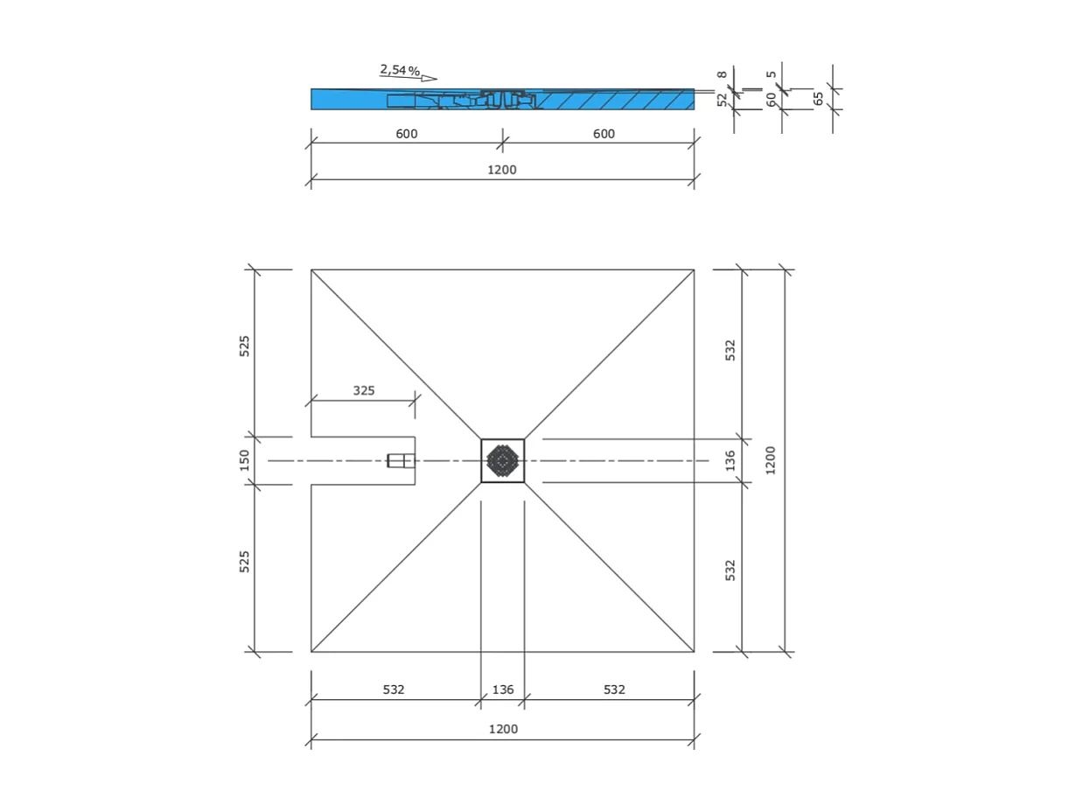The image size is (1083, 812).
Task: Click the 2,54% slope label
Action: click(x=400, y=70)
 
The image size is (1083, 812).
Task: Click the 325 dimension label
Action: click(x=364, y=391)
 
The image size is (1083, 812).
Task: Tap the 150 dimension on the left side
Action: click(x=245, y=460)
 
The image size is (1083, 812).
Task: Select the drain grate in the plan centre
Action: click(x=503, y=461)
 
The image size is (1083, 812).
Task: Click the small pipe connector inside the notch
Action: click(x=401, y=461)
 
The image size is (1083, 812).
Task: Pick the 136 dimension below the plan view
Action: click(x=503, y=690)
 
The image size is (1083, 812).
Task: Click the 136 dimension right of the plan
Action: click(x=731, y=460)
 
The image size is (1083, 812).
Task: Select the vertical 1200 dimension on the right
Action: click(x=771, y=460)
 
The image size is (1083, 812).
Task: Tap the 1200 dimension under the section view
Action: click(x=502, y=171)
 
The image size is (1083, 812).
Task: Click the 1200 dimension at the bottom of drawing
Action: click(x=503, y=730)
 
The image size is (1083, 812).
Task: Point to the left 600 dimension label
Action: click(x=407, y=135)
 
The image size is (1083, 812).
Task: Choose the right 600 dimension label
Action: click(x=604, y=135)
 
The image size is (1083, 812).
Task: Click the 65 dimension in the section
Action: click(x=819, y=99)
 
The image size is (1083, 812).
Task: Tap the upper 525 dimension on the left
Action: click(x=245, y=346)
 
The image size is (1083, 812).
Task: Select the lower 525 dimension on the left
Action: click(x=245, y=562)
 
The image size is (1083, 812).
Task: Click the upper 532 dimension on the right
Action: click(x=731, y=350)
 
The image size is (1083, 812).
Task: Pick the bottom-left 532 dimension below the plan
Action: click(x=394, y=690)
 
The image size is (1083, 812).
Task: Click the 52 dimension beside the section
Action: click(x=723, y=100)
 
